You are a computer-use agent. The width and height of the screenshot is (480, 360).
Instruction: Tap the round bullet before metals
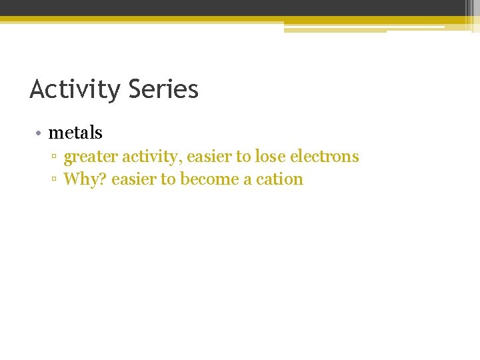click(39, 133)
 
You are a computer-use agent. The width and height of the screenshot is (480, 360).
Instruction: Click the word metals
click(75, 133)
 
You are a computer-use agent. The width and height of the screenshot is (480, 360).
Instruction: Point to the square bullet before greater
click(55, 157)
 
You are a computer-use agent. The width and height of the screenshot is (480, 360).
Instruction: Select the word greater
click(91, 157)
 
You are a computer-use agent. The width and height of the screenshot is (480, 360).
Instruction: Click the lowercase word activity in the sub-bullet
click(151, 157)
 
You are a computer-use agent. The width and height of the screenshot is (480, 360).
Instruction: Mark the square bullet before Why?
click(55, 179)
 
